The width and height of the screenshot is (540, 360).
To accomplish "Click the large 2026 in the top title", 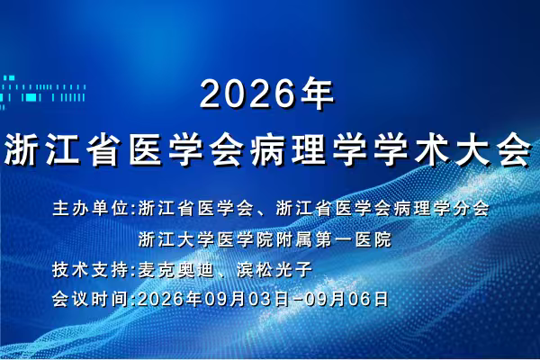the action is coord(247,94).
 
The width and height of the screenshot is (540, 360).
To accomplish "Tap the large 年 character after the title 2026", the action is coord(317,94).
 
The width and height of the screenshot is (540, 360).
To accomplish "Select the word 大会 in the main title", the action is coord(494,150).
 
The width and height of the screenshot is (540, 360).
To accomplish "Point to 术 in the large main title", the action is coord(432,150).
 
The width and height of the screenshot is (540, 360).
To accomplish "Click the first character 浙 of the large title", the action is coord(22,150).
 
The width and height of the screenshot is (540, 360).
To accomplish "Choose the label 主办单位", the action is coord(92,208).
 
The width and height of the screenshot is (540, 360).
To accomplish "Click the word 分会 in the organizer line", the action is coord(471,208).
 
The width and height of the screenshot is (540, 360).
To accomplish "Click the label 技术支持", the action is coord(92,269).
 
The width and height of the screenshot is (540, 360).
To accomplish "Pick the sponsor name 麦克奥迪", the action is coord(176,269).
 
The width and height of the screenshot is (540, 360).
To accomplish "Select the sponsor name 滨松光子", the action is coord(274,269).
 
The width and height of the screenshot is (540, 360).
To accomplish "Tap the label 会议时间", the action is coord(92,299).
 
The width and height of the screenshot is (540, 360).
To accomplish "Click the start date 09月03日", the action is coord(247,299).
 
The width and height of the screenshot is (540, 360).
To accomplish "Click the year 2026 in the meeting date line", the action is coord(161,299).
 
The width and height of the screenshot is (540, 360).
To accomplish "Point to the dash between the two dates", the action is coord(297,300).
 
